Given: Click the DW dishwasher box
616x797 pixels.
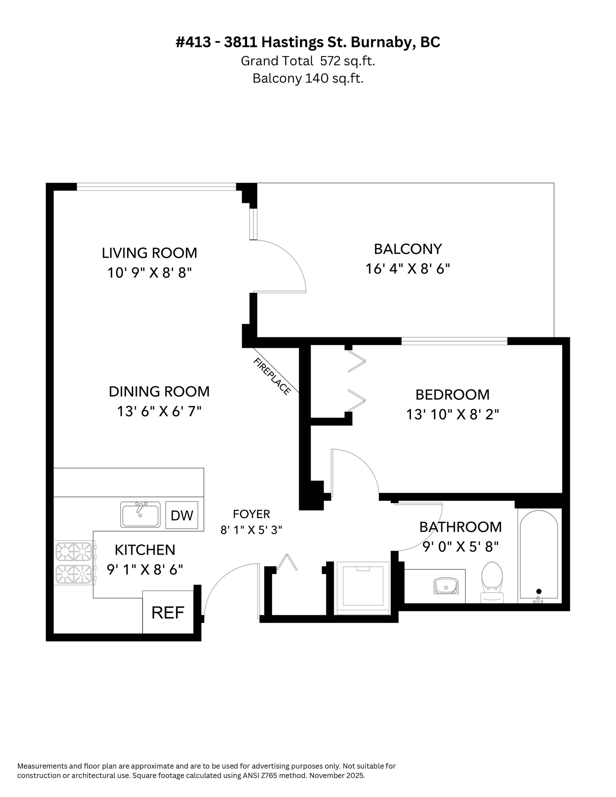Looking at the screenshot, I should [181, 515].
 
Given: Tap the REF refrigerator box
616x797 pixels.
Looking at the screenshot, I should [167, 612].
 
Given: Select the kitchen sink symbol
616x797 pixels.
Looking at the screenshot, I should [140, 514].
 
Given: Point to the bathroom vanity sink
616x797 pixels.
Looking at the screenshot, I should [445, 586].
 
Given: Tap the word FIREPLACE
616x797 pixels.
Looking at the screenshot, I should [272, 376].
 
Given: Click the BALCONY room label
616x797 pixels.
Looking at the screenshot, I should [408, 249].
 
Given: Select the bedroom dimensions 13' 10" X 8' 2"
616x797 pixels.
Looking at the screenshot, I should [452, 414].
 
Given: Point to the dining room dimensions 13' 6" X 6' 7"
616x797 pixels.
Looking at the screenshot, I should [159, 411].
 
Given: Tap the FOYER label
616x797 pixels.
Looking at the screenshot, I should [251, 514].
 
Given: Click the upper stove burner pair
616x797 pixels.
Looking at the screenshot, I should [74, 551].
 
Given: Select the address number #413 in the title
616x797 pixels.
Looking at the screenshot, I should [193, 42].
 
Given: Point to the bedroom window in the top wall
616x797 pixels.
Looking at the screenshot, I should [454, 341].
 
